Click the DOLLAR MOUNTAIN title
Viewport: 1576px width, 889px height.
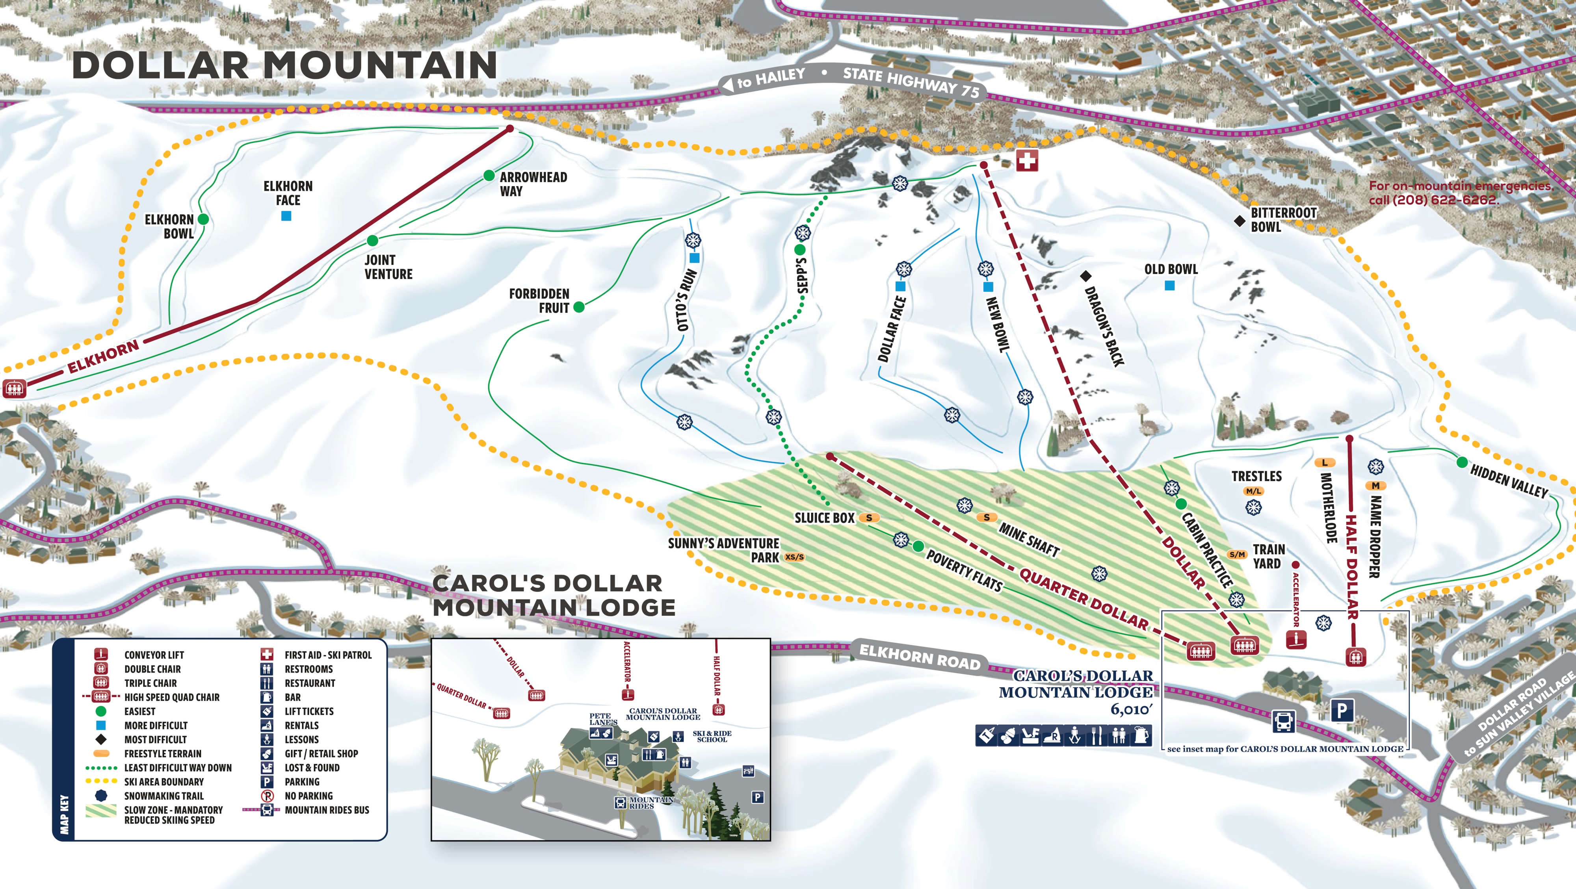[x=284, y=65]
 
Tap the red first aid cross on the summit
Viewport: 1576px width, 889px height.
[x=1027, y=161]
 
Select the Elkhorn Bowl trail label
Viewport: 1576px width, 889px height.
[x=169, y=226]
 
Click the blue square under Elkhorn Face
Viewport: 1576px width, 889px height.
[x=286, y=216]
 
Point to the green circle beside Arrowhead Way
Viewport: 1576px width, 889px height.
[x=489, y=176]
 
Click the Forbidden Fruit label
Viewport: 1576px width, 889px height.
[x=539, y=301]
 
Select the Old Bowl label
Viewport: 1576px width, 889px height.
[x=1170, y=269]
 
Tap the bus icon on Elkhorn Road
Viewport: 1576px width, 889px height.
[x=1283, y=722]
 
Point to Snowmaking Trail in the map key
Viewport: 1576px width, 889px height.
[x=164, y=796]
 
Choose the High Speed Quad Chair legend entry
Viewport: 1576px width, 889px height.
[x=171, y=697]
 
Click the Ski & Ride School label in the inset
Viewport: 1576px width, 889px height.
[x=712, y=736]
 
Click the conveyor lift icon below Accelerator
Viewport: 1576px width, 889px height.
[x=1296, y=640]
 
